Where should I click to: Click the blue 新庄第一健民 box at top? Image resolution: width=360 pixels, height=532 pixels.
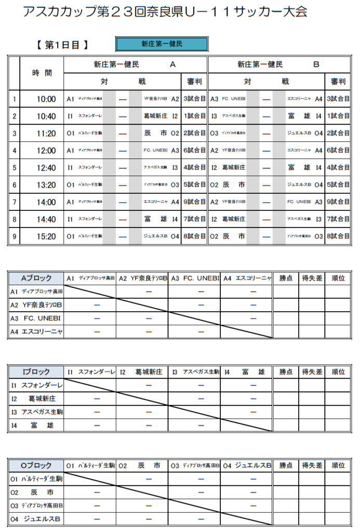[x=162, y=44]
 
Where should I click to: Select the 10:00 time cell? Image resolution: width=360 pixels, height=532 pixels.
[x=46, y=99]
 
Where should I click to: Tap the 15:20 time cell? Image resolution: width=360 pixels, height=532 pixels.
[x=46, y=236]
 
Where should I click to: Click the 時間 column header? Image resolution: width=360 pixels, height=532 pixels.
[x=42, y=73]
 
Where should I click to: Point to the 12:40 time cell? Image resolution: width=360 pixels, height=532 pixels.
[x=46, y=168]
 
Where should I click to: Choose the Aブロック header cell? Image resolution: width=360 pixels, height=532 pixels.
[x=36, y=278]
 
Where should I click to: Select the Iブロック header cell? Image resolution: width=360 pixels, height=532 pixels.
[x=36, y=371]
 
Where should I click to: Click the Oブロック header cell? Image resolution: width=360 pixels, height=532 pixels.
[x=36, y=465]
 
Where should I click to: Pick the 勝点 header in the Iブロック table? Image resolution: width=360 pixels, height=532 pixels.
[x=286, y=371]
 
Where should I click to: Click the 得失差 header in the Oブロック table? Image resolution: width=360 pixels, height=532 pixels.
[x=312, y=465]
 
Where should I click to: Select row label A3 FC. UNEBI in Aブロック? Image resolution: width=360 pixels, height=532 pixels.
[x=36, y=318]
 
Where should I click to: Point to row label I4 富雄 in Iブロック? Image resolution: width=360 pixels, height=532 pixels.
[x=36, y=425]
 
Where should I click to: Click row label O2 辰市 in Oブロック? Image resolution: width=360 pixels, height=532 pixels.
[x=36, y=492]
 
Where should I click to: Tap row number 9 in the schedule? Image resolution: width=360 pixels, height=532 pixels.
[x=15, y=236]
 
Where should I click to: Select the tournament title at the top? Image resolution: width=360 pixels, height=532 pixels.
[x=165, y=11]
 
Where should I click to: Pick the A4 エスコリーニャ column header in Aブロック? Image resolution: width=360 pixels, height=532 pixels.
[x=247, y=278]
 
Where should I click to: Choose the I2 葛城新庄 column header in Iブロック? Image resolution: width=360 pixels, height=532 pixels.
[x=141, y=371]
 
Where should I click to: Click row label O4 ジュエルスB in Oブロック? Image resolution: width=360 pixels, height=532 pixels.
[x=36, y=518]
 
